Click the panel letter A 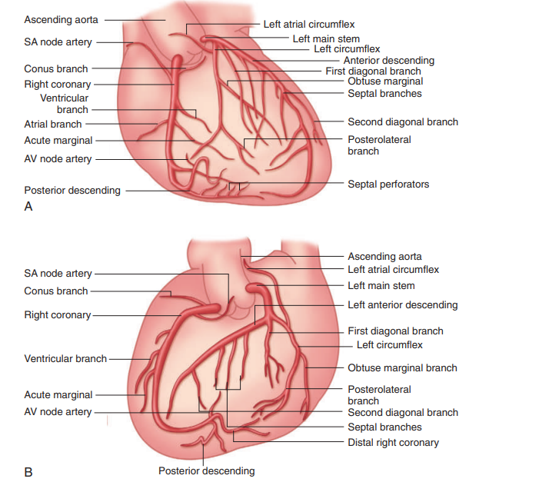click(x=28, y=206)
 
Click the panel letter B click(x=28, y=471)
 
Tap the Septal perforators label click(x=388, y=184)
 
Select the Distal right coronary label click(x=393, y=442)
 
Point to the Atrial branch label click(x=53, y=124)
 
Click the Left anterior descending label click(x=402, y=304)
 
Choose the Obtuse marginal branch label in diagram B click(x=402, y=368)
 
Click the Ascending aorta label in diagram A click(x=61, y=19)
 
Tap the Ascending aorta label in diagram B click(x=384, y=256)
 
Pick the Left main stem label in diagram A click(x=326, y=38)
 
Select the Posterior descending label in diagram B click(x=206, y=470)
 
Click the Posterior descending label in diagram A click(x=72, y=190)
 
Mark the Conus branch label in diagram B click(x=56, y=291)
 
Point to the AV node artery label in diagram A click(x=58, y=159)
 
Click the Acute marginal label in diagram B click(x=58, y=394)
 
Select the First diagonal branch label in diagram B click(x=395, y=331)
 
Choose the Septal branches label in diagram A click(x=384, y=94)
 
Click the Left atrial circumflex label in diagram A click(x=309, y=25)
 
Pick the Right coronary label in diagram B click(x=58, y=315)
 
